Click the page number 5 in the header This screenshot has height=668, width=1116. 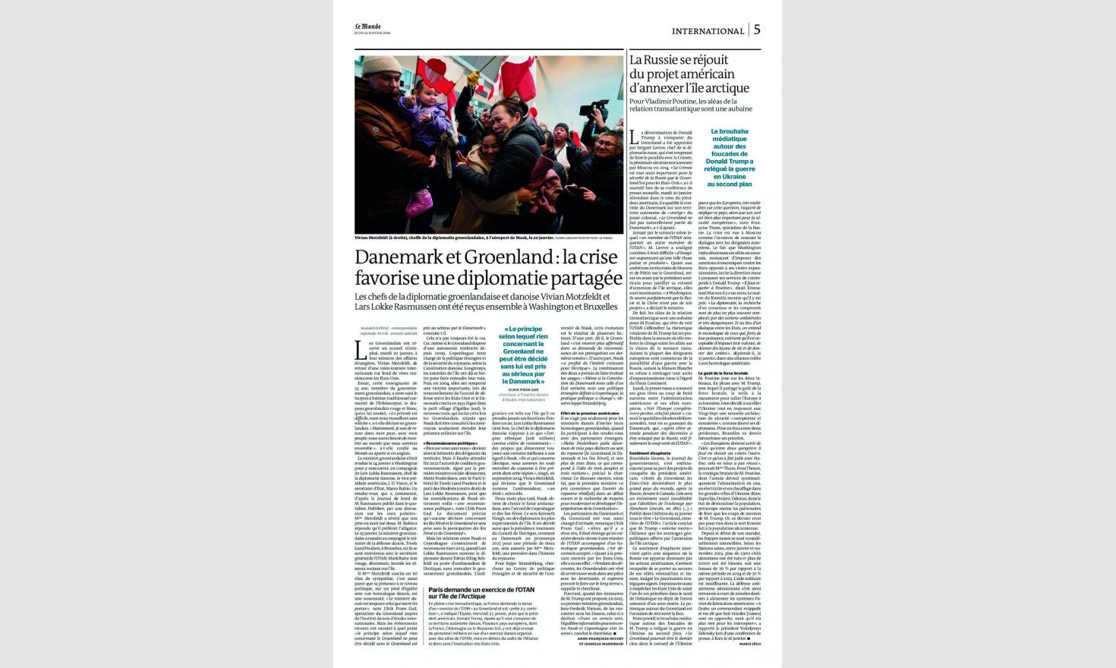pos(757,30)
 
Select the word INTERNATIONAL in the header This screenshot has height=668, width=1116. pos(708,31)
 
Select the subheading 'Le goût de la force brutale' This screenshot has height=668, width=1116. pos(725,373)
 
